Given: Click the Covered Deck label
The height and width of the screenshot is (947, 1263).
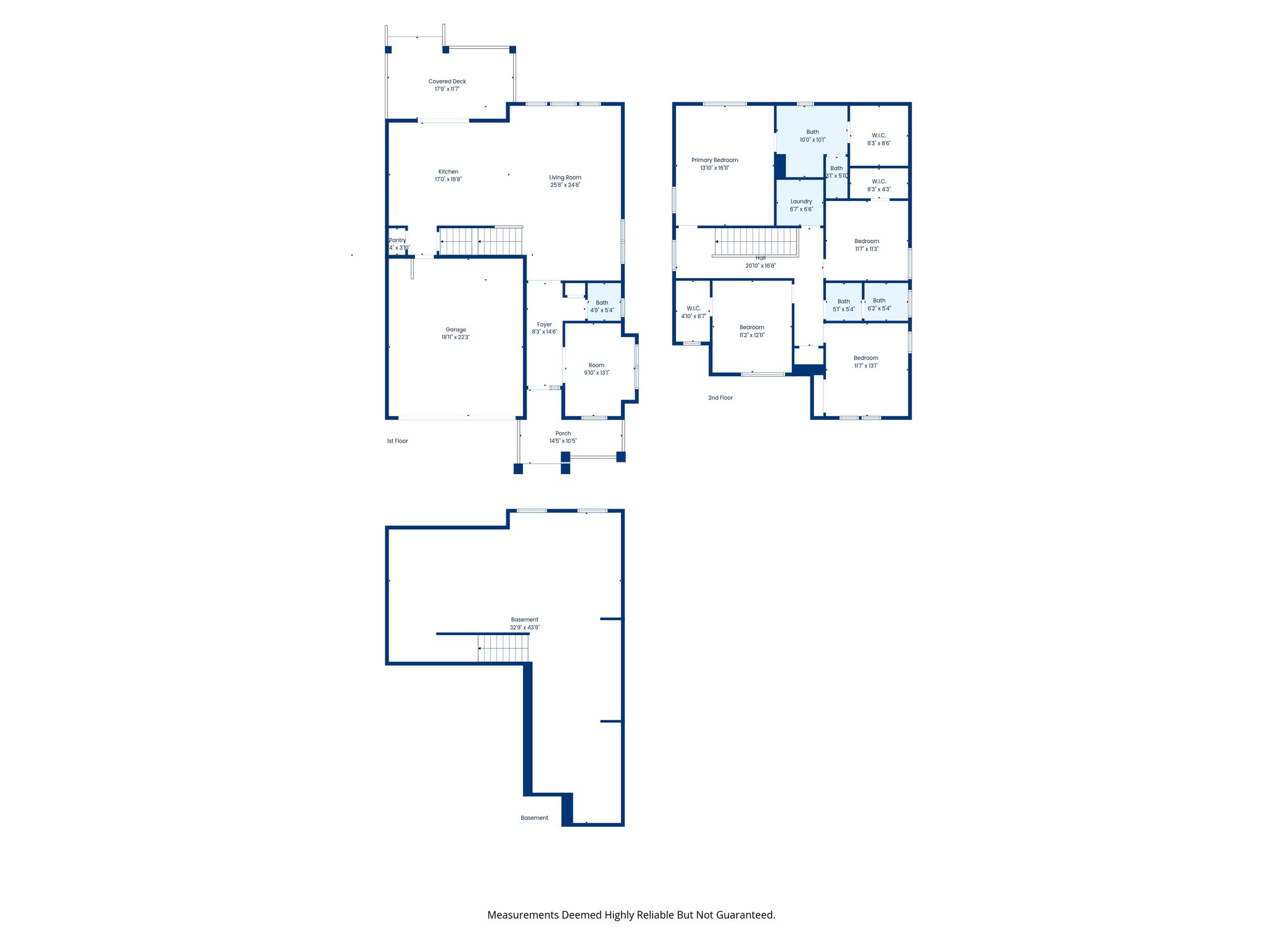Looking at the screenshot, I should point(447,81).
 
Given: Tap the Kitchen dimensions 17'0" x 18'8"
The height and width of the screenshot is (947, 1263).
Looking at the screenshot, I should point(448,179).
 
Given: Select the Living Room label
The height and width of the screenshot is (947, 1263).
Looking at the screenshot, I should point(565,178).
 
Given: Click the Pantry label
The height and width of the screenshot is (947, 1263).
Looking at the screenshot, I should point(398,240).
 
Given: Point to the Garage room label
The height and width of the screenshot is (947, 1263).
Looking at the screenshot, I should point(456,330).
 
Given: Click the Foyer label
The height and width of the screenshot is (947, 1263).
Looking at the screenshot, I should point(544,324).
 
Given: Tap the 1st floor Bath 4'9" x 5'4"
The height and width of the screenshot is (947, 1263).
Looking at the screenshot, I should point(602,306).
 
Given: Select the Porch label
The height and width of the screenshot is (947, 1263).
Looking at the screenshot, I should point(562,433).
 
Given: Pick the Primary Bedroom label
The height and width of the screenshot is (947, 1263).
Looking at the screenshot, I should point(714,160).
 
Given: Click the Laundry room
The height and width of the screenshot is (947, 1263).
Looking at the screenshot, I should point(801,205).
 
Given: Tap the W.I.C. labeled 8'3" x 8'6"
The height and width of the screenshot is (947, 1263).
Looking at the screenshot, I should point(879,139).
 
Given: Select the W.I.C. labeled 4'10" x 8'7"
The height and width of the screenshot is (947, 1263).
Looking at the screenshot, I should point(693,313).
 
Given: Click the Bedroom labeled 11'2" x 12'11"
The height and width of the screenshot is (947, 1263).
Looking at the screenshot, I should point(752,332).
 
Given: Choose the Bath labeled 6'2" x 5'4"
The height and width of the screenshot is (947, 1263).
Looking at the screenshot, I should point(879,305).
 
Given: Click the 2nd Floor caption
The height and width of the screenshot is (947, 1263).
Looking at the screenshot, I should point(720,398).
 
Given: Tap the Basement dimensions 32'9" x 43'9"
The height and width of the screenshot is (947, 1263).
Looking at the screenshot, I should point(524,628).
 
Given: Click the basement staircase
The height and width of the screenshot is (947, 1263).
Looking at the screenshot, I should point(503,648).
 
